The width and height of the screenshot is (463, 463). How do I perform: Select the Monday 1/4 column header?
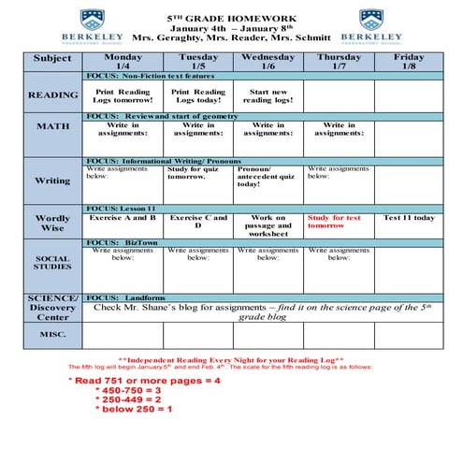pyautogui.click(x=123, y=61)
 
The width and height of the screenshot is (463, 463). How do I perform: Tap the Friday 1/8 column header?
pyautogui.click(x=409, y=61)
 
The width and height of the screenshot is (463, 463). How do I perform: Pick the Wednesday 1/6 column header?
pyautogui.click(x=268, y=61)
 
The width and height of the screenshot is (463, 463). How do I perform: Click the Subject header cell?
pyautogui.click(x=52, y=59)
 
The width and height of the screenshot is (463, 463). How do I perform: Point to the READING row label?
pyautogui.click(x=53, y=95)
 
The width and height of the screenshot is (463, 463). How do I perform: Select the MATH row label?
pyautogui.click(x=53, y=126)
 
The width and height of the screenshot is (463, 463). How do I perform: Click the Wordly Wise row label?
pyautogui.click(x=53, y=223)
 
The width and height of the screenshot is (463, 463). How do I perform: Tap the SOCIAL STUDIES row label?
pyautogui.click(x=53, y=261)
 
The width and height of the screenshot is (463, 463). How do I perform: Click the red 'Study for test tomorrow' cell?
pyautogui.click(x=338, y=222)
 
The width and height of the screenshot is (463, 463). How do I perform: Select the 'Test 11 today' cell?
pyautogui.click(x=409, y=218)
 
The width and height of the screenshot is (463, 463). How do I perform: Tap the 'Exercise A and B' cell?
pyautogui.click(x=123, y=218)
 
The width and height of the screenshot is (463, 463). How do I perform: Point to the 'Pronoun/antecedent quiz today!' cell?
pyautogui.click(x=268, y=177)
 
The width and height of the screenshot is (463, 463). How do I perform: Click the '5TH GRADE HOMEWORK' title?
pyautogui.click(x=231, y=18)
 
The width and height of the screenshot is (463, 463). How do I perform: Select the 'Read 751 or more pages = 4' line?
pyautogui.click(x=144, y=382)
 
